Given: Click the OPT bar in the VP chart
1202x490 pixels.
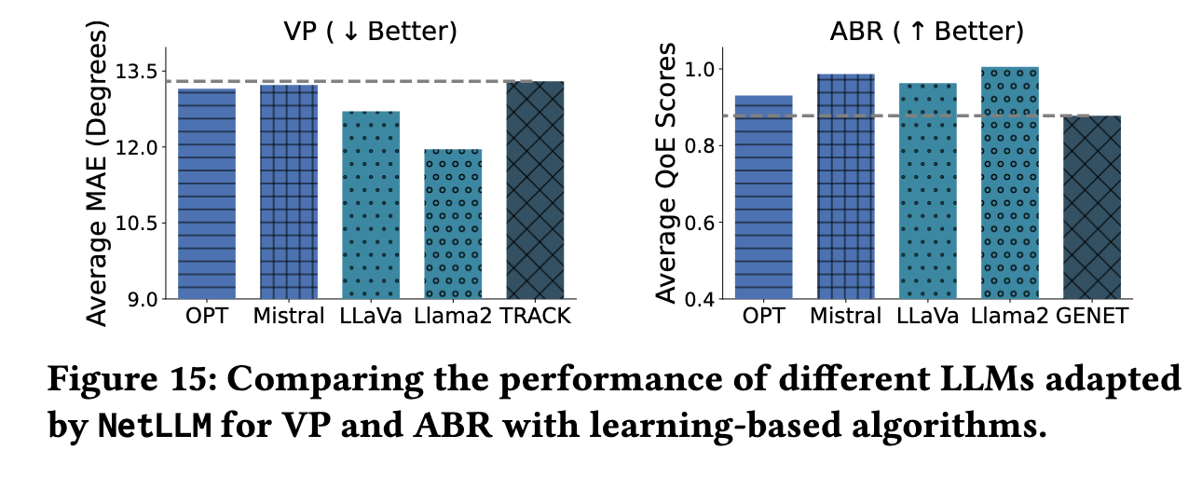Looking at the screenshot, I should click(x=206, y=194).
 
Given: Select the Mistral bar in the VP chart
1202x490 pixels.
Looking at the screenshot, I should click(x=289, y=192).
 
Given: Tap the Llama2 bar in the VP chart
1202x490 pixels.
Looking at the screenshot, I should click(x=453, y=224).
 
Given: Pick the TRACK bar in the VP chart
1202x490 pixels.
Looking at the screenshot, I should click(x=535, y=190).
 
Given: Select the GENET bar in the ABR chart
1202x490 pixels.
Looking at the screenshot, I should click(x=1091, y=207).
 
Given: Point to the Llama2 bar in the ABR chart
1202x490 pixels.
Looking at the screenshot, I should click(x=1009, y=183).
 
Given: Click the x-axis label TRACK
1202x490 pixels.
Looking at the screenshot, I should click(x=535, y=318).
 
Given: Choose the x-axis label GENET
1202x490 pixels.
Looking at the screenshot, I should click(x=1091, y=318).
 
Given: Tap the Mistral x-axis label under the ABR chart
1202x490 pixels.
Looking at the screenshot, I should click(x=844, y=318).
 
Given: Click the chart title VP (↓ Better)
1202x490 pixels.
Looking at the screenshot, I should click(x=370, y=32).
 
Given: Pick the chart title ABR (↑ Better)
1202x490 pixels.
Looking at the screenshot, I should click(x=927, y=32).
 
